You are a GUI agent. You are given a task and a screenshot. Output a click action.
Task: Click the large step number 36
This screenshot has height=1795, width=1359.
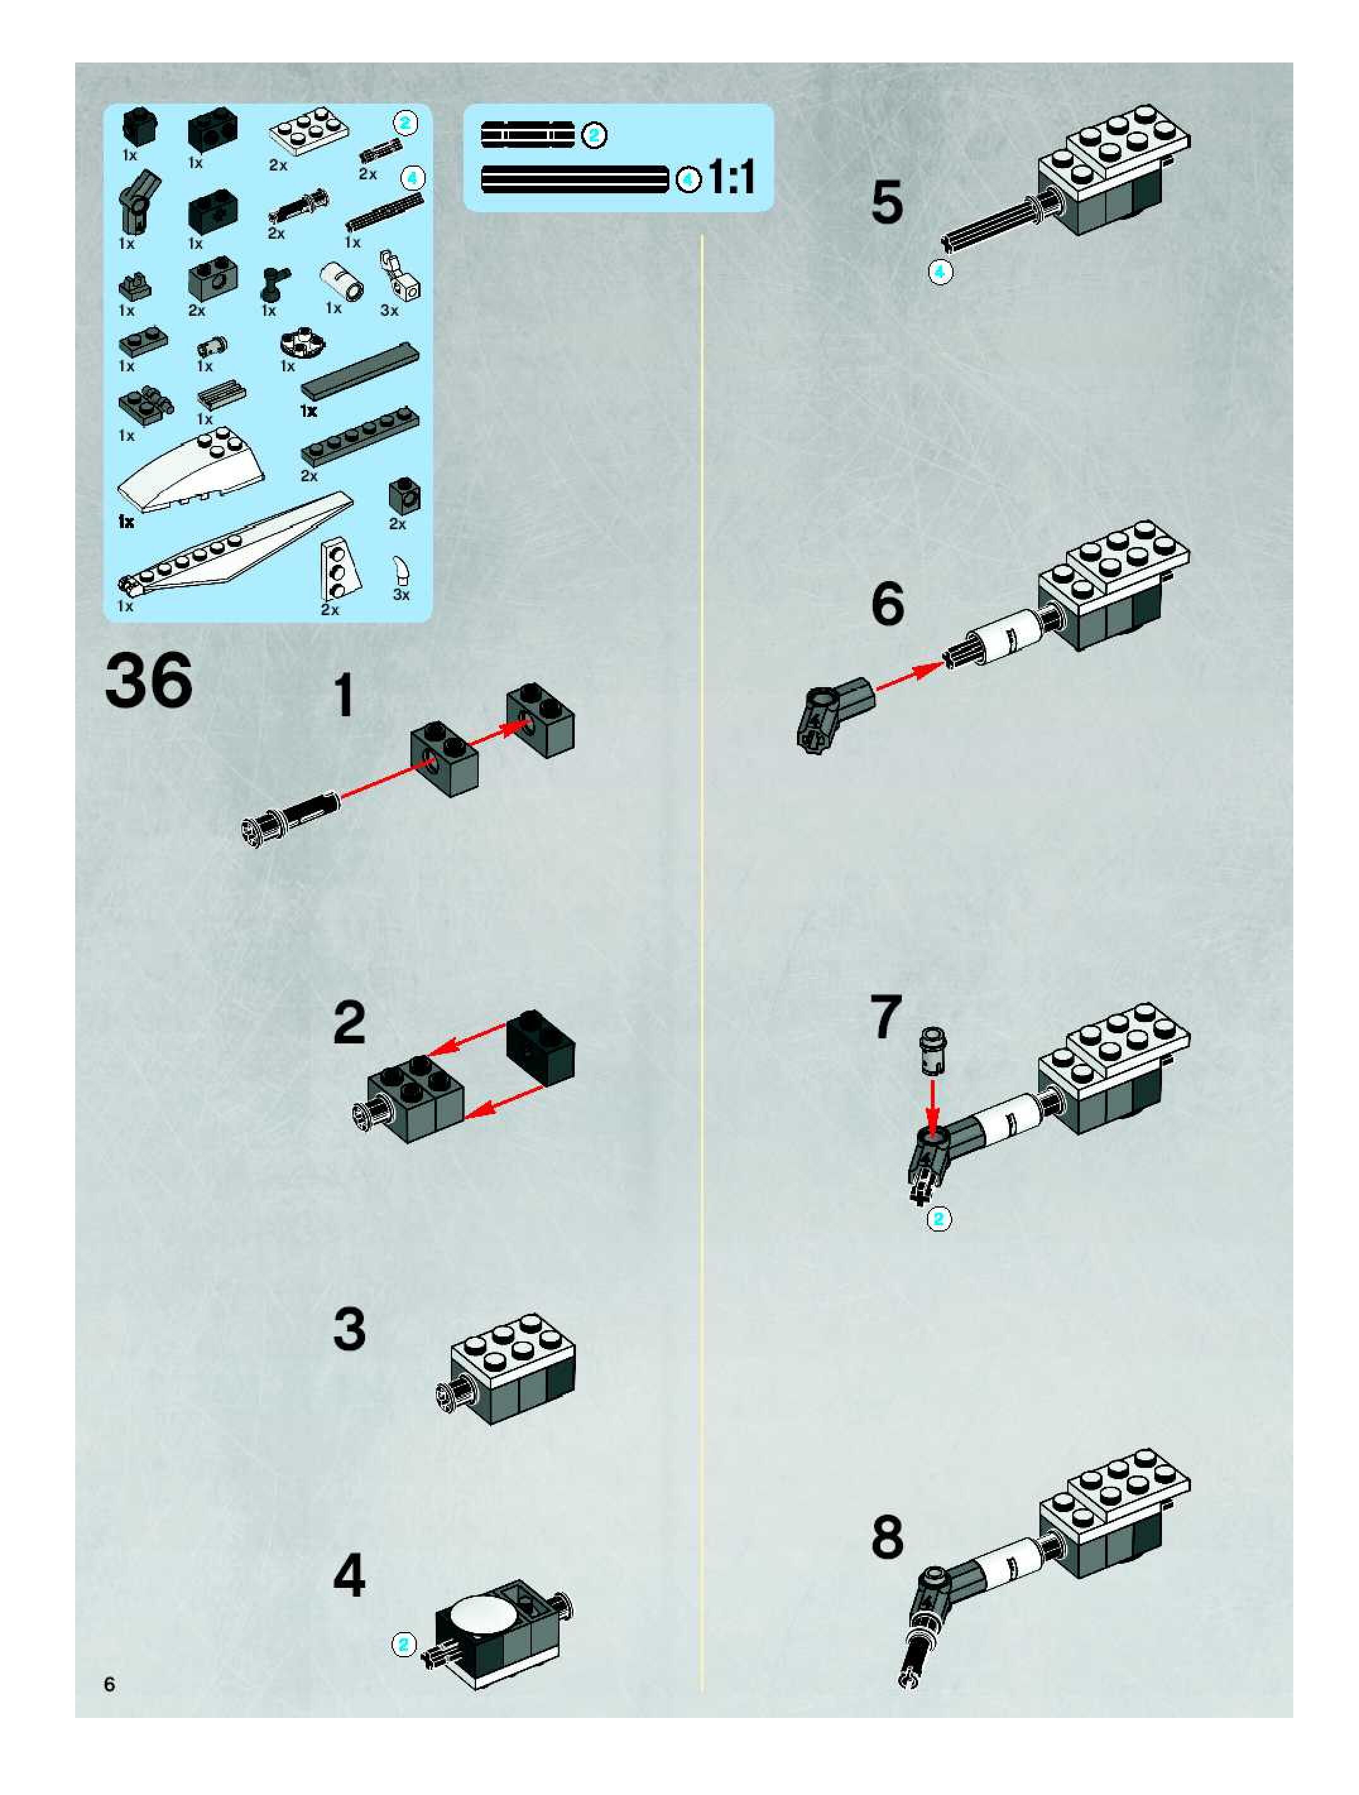coord(149,681)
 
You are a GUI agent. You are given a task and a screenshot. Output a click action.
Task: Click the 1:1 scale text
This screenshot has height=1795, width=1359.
coord(732,177)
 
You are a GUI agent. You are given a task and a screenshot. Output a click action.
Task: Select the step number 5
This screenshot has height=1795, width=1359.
coord(887,202)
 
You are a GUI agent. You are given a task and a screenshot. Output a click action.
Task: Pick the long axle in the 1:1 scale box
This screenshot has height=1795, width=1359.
coord(575,179)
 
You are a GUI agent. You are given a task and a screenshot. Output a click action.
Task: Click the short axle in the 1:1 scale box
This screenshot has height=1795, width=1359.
coord(527,135)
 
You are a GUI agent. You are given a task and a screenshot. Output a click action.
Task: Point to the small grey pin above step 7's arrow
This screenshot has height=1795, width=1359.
coord(932,1051)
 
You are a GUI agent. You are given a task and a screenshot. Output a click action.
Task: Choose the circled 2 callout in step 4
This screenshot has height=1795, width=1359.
coord(404,1645)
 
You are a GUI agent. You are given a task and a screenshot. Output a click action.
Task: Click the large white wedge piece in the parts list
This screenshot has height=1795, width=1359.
coord(191,471)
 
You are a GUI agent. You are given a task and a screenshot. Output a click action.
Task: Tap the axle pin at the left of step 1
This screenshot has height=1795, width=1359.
coord(290,818)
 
